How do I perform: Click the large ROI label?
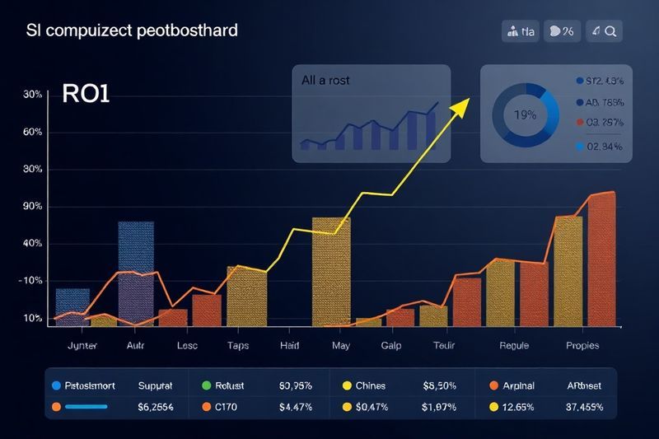pos(86,93)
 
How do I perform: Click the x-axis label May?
pos(341,346)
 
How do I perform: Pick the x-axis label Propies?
pos(582,346)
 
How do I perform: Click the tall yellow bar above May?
pos(331,270)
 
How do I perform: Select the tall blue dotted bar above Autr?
pos(136,268)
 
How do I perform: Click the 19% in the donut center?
pos(525,115)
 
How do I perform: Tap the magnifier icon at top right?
pos(611,32)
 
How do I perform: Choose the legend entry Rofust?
pos(235,385)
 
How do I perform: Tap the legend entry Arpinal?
pos(517,385)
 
